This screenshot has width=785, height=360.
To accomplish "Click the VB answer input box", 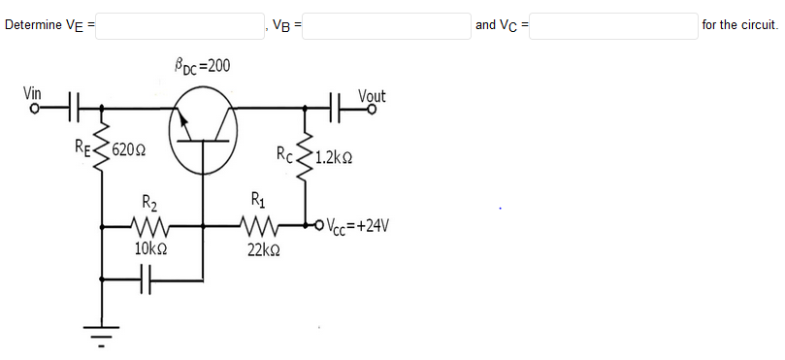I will point(387,25).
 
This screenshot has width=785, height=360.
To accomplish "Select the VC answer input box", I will point(613,25).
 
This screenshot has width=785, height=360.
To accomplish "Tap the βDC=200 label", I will point(202,66).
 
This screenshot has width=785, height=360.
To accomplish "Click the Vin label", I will point(33,93).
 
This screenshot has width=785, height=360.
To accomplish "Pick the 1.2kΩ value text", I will point(333,154).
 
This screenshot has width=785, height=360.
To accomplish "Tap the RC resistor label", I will point(284,152).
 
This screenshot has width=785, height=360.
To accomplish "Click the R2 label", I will point(150,204).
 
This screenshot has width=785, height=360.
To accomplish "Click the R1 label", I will point(256,202).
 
